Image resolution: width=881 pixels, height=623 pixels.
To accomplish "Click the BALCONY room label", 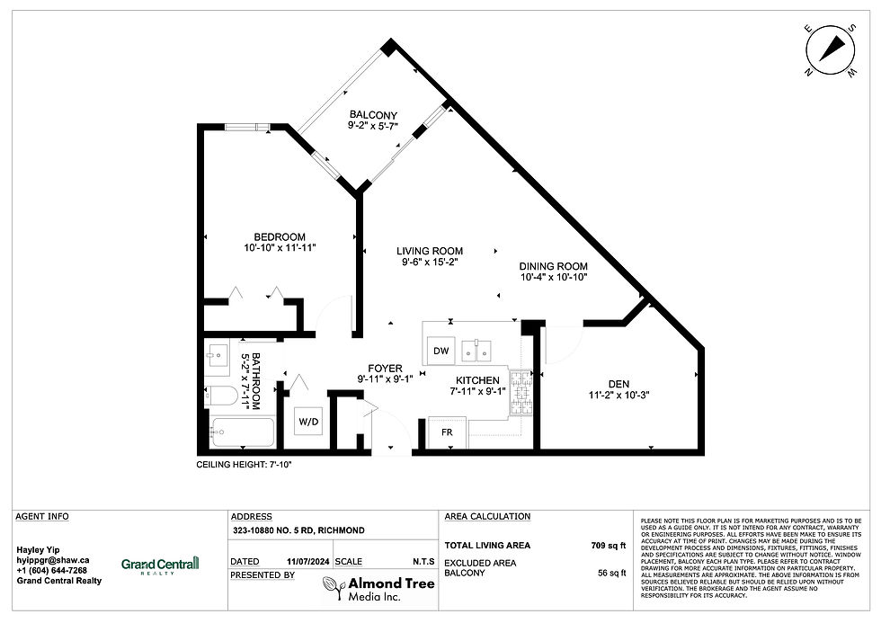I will [373, 114].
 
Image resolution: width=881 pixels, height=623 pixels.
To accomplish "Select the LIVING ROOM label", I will [432, 251].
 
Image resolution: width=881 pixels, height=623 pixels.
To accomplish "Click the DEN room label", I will [618, 384].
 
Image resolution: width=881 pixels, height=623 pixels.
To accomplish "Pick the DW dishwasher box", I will [440, 351].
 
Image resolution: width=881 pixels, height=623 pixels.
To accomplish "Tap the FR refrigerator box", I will [447, 432].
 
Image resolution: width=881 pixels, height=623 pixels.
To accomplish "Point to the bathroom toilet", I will [221, 395].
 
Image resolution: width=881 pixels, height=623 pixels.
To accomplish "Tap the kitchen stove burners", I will [521, 393].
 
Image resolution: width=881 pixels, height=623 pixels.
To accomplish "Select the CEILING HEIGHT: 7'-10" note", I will [244, 465].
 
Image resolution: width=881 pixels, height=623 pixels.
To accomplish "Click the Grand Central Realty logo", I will [160, 564].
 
